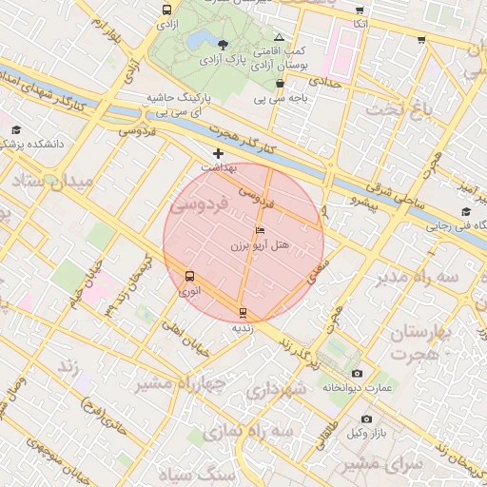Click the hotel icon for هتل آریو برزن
click(261, 231)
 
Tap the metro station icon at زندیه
click(243, 312)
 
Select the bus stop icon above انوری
click(189, 277)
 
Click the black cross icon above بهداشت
click(219, 152)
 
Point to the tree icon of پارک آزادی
click(223, 44)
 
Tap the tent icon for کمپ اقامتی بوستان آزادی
click(278, 35)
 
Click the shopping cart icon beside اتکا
click(360, 9)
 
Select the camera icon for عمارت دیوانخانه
click(357, 374)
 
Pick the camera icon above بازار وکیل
click(367, 419)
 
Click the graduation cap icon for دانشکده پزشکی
click(16, 130)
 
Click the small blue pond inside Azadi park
click(201, 40)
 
